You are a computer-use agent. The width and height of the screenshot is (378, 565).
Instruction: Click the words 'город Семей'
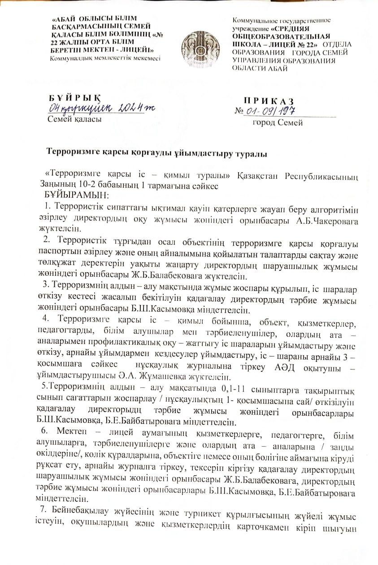click(x=278, y=122)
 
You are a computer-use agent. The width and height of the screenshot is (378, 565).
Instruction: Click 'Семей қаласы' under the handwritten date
click(x=74, y=119)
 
